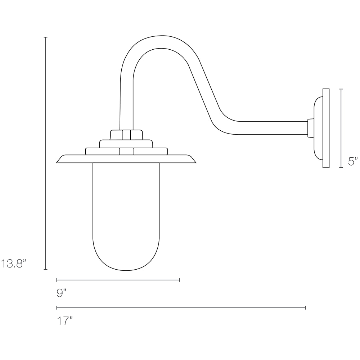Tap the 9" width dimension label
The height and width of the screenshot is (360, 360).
click(62, 293)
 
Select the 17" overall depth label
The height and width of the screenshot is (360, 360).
click(65, 320)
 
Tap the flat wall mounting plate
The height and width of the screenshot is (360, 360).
click(326, 129)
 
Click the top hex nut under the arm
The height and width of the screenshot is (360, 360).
click(126, 135)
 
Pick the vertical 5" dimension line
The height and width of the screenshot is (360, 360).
click(341, 129)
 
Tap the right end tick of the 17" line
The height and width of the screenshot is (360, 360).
click(305, 308)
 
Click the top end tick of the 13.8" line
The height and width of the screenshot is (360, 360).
click(45, 37)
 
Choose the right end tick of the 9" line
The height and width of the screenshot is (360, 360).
click(179, 279)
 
